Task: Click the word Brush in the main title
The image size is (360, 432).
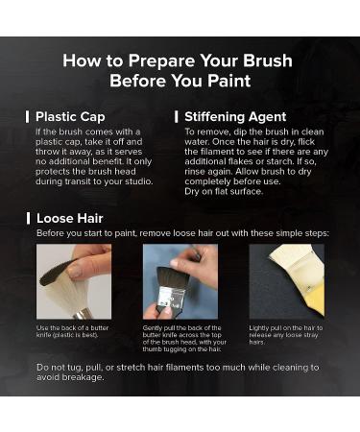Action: click(x=268, y=60)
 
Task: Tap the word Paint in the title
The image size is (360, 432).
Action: click(x=228, y=81)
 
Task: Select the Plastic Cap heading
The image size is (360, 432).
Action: click(x=70, y=117)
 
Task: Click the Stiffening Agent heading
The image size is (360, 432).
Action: click(x=235, y=117)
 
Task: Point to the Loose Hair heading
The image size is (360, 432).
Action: click(x=70, y=219)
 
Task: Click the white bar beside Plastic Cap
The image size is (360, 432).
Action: click(x=28, y=117)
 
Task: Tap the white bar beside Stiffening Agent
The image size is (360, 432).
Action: click(x=177, y=117)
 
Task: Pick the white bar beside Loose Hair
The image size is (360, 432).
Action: click(x=28, y=219)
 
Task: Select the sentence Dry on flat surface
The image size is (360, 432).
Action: click(x=224, y=191)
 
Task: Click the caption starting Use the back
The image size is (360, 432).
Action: click(x=72, y=331)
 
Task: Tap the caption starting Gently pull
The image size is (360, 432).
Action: click(x=184, y=339)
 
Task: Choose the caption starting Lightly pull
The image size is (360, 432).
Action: click(x=286, y=335)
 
